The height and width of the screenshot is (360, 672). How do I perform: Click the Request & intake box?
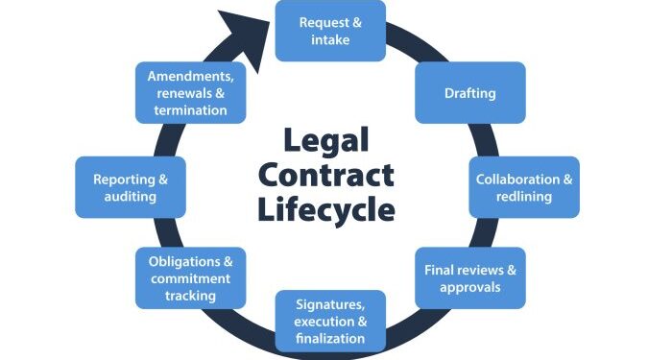pyautogui.click(x=330, y=31)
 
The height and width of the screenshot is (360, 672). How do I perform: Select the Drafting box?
pyautogui.click(x=470, y=93)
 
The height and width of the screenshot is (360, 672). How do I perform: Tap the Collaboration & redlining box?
pyautogui.click(x=524, y=186)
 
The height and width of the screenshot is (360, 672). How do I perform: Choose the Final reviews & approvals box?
pyautogui.click(x=470, y=277)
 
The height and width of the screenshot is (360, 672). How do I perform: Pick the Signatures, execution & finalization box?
pyautogui.click(x=330, y=321)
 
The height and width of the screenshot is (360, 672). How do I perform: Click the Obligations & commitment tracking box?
pyautogui.click(x=190, y=277)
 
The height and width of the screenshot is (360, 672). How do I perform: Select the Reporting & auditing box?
pyautogui.click(x=130, y=186)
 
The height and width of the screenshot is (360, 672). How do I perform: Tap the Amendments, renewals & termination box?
pyautogui.click(x=190, y=93)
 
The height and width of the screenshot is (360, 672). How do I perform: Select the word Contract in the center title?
pyautogui.click(x=326, y=176)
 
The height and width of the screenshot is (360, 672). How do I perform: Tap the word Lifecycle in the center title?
pyautogui.click(x=326, y=209)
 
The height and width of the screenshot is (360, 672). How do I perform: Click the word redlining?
pyautogui.click(x=524, y=196)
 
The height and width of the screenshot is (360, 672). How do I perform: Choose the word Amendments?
pyautogui.click(x=190, y=76)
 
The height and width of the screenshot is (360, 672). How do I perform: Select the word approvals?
pyautogui.click(x=470, y=287)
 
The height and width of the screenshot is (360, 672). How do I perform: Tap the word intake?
pyautogui.click(x=330, y=40)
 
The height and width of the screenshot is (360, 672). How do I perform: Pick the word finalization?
pyautogui.click(x=330, y=338)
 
